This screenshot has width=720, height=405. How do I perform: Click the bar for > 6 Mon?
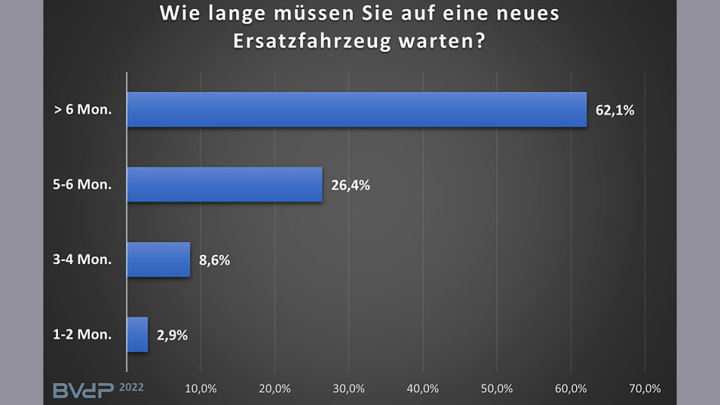357,110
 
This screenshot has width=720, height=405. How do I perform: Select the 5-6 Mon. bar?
225,184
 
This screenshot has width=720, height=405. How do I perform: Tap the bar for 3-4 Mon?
158,260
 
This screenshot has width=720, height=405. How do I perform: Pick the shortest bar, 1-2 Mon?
137,334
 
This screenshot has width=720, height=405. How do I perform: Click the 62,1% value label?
614,110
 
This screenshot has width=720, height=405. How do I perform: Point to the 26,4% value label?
350,185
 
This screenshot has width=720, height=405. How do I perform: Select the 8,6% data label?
214,260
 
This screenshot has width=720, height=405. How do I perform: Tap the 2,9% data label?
172,334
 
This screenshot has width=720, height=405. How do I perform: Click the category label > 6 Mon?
83,110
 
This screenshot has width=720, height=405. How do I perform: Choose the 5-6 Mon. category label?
83,185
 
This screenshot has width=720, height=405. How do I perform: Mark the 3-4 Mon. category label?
83,260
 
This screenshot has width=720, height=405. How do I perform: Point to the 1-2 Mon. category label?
83,334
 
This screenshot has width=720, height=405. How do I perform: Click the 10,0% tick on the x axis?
201,389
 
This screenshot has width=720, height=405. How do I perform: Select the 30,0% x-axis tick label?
349,389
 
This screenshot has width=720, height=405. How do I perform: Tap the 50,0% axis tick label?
497,389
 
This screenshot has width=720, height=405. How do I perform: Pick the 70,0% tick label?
645,389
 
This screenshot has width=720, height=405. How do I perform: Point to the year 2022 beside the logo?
130,387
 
